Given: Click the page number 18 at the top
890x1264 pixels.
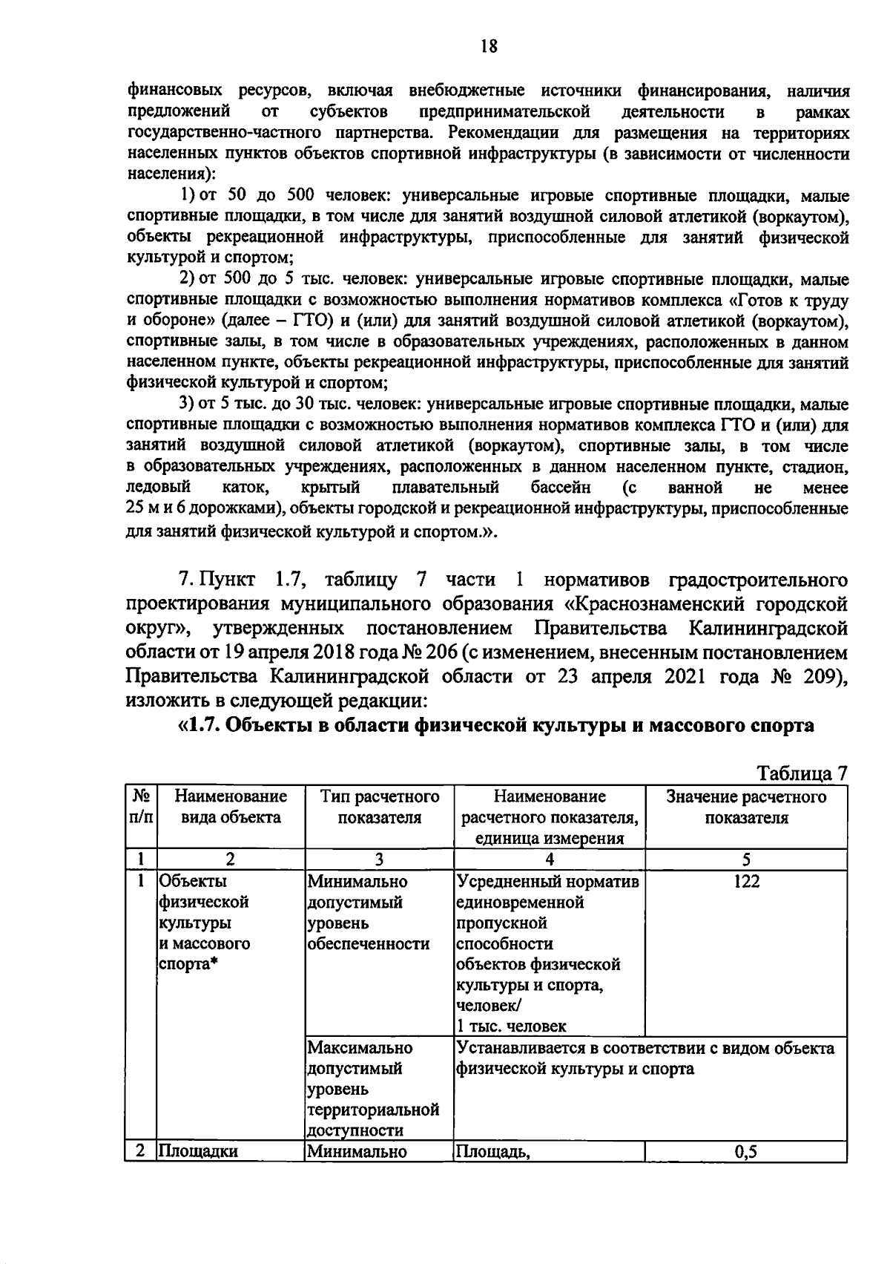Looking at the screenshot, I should (488, 47).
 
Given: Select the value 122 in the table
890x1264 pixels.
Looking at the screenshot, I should (746, 881).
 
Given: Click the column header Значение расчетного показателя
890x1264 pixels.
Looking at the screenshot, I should (746, 808).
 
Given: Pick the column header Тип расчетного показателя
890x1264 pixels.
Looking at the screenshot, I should (380, 808).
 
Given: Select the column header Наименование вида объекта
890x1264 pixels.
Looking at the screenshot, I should (231, 808).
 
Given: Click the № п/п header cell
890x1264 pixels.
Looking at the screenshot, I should (141, 808).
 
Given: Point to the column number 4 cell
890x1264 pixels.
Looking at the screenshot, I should (549, 859).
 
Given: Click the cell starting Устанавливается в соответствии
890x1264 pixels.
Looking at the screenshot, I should (645, 1058).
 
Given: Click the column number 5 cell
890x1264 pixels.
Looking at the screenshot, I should (746, 859).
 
